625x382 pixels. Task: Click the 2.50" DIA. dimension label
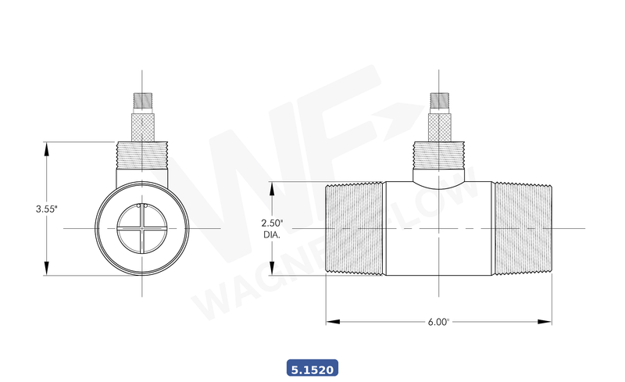pyautogui.click(x=272, y=228)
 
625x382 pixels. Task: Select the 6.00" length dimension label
pyautogui.click(x=439, y=321)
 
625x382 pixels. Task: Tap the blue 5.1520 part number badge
pyautogui.click(x=312, y=367)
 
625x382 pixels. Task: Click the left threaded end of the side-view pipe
pyautogui.click(x=355, y=228)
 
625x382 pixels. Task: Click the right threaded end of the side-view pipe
pyautogui.click(x=523, y=228)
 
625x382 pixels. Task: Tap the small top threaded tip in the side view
pyautogui.click(x=439, y=102)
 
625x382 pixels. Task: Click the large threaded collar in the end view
pyautogui.click(x=141, y=156)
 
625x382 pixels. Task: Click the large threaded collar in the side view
pyautogui.click(x=439, y=156)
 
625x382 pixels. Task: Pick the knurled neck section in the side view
pyautogui.click(x=439, y=127)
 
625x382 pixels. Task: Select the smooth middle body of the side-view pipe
pyautogui.click(x=439, y=234)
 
